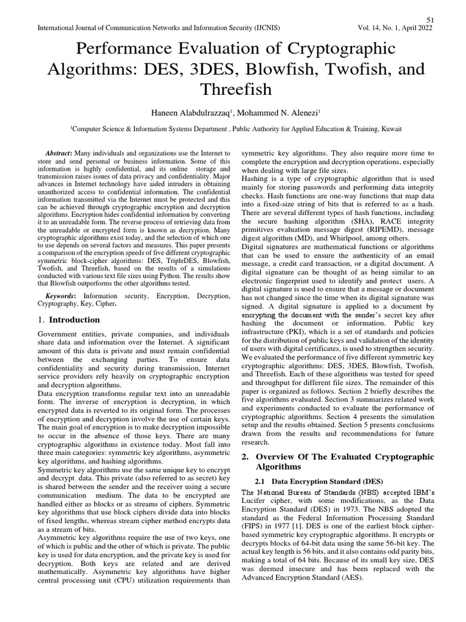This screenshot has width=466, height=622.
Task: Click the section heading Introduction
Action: [75, 320]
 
